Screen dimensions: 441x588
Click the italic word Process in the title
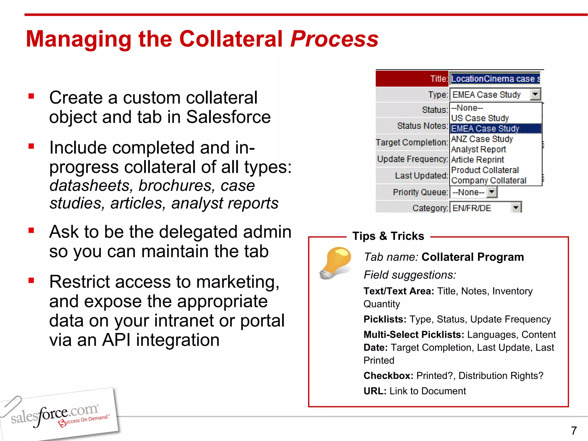[334, 39]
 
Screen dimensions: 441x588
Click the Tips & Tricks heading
[388, 236]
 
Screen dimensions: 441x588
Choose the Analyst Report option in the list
[478, 149]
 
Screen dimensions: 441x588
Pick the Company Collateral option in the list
[489, 180]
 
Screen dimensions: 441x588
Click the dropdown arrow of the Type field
[535, 94]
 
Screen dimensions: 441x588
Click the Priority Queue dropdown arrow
[492, 192]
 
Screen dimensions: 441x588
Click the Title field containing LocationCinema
[495, 79]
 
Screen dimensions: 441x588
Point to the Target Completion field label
[412, 142]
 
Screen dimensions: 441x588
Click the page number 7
[574, 431]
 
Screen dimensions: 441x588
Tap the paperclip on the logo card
[11, 405]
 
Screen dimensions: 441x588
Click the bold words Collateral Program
[473, 257]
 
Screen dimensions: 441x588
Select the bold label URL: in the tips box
[375, 391]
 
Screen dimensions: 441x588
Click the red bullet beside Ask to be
[31, 230]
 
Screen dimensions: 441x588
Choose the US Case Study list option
[480, 118]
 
